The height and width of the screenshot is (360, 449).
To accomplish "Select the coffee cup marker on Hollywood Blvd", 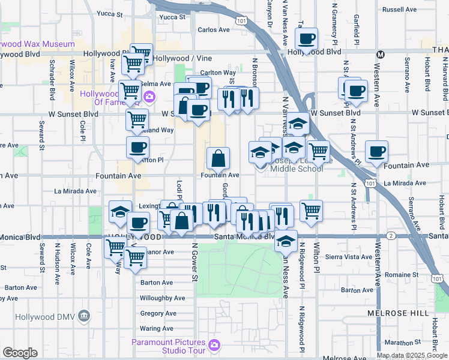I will coord(306,40).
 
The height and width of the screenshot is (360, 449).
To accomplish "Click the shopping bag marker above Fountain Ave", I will coord(218,159).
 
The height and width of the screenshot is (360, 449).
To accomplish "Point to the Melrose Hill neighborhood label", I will coord(398,313).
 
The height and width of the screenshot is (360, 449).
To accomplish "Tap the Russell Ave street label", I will coord(399,10).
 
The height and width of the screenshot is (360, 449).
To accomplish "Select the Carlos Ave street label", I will coord(214,29).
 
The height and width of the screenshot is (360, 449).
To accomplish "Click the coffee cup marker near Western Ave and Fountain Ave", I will coord(376,152).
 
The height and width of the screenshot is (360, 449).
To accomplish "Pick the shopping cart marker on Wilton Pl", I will coord(311,211).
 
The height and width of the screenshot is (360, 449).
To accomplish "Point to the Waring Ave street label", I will coord(157,328).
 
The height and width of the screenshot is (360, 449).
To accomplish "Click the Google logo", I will coord(19,353).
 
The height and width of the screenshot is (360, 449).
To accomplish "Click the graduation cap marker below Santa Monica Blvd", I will coord(286,242).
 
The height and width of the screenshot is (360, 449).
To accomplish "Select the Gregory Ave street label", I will coord(158,313).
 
